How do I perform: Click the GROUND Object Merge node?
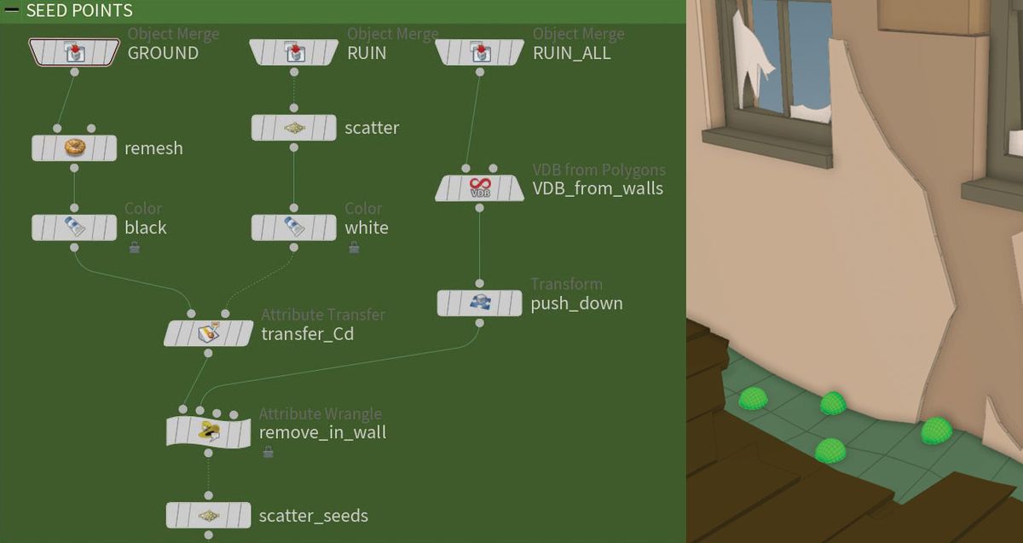click(x=74, y=53)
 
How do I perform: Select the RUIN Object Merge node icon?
click(x=294, y=53)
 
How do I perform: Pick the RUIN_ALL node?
click(x=479, y=53)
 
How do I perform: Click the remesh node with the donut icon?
click(x=74, y=148)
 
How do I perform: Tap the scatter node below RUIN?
click(x=294, y=128)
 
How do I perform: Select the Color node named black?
click(x=74, y=228)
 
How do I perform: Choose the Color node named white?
click(x=294, y=228)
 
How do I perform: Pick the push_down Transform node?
click(x=479, y=303)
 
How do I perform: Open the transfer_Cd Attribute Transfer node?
click(x=209, y=333)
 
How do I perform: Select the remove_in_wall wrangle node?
click(x=209, y=432)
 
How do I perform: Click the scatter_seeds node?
click(x=209, y=516)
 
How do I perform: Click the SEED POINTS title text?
click(x=79, y=11)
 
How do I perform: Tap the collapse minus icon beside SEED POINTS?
click(x=12, y=11)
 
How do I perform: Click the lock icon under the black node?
click(x=134, y=248)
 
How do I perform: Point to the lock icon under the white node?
click(x=354, y=248)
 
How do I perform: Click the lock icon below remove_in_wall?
click(x=268, y=452)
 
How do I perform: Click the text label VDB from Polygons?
click(x=598, y=170)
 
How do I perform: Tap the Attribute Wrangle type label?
click(x=320, y=413)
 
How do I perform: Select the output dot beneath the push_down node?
click(x=480, y=324)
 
